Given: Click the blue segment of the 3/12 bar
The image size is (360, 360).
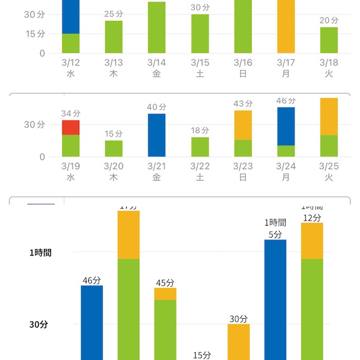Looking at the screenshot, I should coord(71,16).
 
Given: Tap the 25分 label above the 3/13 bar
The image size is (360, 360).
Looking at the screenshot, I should coord(114,14).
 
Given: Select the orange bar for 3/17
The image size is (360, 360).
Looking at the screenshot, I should coord(286,26).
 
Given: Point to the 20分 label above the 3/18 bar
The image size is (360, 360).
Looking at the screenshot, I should coord(329,20).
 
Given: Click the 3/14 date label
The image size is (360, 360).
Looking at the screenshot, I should coord(157,62).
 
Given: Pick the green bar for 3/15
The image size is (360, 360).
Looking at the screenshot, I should coord(200,34).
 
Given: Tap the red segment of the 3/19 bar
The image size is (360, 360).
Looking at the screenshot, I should coord(71,127).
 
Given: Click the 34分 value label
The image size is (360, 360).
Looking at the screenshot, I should coord(71,113).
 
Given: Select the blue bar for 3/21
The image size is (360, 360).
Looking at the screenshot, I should coord(157,135).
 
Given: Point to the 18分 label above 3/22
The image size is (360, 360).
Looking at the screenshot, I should coord(200,130).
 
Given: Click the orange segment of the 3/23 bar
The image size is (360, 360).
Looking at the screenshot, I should coord(243,125).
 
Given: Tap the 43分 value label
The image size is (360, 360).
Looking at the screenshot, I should coord(243,104).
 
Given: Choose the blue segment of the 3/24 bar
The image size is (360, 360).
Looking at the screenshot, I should coord(286,126).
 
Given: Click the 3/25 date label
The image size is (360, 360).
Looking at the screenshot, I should coord(329,166).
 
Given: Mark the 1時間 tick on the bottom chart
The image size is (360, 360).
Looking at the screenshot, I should coord(40,253).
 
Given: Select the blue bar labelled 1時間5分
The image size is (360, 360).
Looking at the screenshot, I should coord(275,300).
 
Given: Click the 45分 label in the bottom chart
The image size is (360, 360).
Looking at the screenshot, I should coord(165,283).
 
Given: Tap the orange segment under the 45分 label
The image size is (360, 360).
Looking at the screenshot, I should coord(165,294).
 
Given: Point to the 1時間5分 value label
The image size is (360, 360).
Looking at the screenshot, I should coord(275,229).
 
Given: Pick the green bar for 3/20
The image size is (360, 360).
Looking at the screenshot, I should coord(114,148).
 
